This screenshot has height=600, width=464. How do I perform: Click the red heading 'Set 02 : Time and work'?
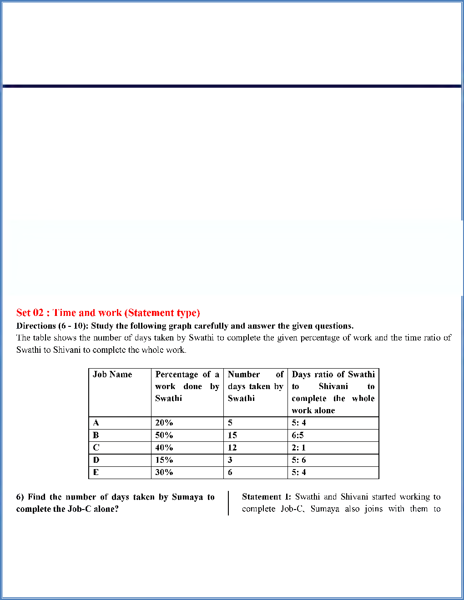coord(108,313)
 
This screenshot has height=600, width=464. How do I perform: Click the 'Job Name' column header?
coord(112,375)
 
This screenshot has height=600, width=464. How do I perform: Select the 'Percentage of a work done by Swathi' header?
coord(187,386)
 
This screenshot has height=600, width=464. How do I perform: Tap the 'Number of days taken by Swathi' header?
coord(255,386)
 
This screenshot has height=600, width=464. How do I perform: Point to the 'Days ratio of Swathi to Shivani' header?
coord(333,392)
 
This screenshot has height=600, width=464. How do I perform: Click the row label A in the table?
coord(96,423)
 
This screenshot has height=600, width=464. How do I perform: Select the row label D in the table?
coord(96,460)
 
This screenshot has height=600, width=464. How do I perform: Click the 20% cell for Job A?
coord(164,423)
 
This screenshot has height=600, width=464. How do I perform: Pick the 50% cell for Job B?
coord(164,435)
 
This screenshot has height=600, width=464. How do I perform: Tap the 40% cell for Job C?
coord(164,448)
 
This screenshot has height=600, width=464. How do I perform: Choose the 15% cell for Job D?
coord(164,460)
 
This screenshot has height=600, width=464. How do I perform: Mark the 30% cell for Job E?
coord(164,472)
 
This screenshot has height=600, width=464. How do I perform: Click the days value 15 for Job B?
coord(232,435)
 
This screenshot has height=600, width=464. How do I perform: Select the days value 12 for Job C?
coord(232,448)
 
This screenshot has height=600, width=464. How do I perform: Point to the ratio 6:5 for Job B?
coord(298,435)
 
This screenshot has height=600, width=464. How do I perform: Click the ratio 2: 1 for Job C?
coord(298,448)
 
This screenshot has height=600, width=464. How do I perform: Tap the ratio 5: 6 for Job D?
coord(298,460)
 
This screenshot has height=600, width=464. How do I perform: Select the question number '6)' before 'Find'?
coord(20,497)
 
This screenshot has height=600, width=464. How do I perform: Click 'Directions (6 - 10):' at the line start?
coord(52,326)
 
